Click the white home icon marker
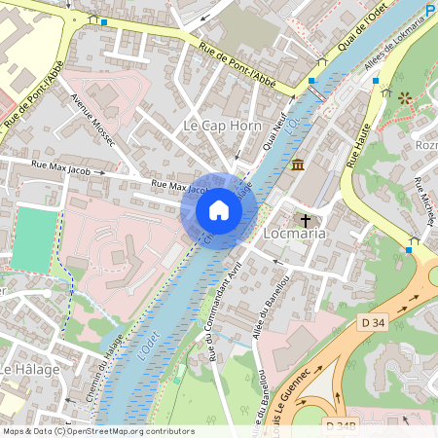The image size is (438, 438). pyautogui.click(x=219, y=210)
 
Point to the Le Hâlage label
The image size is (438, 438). pyautogui.click(x=29, y=370)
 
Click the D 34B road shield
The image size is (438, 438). pyautogui.click(x=341, y=425)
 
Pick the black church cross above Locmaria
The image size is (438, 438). pyautogui.click(x=307, y=219)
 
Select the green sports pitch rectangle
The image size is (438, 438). pyautogui.click(x=34, y=239)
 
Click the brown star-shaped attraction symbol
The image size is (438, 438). pyautogui.click(x=405, y=98)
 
